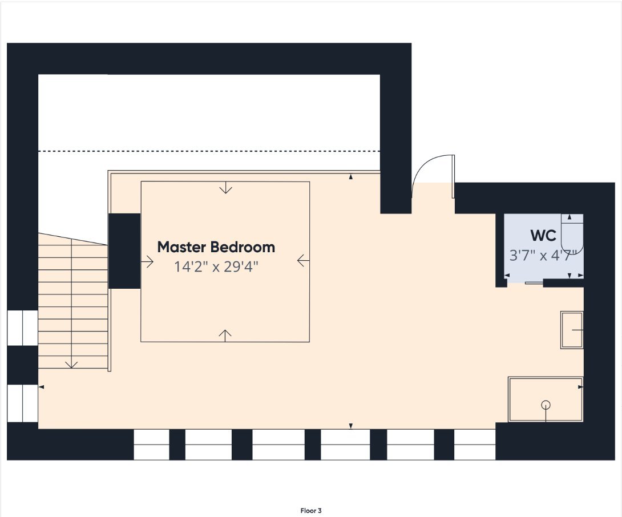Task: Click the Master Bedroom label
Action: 216,247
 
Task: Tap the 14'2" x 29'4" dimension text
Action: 216,266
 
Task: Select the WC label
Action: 543,235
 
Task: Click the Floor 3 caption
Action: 311,511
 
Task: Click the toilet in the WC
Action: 572,234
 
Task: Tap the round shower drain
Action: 546,405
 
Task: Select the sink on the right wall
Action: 572,330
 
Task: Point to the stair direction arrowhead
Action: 71,364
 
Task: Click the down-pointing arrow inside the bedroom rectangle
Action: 226,188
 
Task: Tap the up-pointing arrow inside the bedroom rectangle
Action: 225,336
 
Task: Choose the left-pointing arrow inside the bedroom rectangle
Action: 303,261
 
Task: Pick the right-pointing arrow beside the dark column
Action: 147,261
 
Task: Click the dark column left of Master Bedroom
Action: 124,251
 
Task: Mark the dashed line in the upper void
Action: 209,151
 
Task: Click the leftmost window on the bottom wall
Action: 152,445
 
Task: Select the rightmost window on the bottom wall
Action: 475,445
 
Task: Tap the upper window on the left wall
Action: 23,328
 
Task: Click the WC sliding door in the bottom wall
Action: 534,283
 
